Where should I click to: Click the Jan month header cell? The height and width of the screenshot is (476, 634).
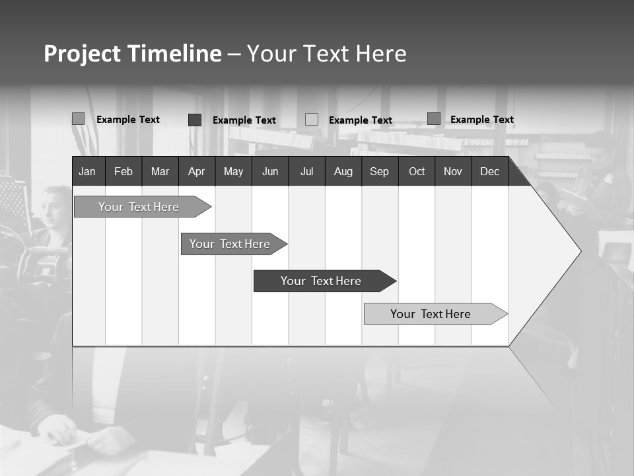click(x=87, y=172)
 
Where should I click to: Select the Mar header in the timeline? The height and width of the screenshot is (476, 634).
click(x=160, y=172)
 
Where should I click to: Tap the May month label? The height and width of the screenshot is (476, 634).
click(x=233, y=172)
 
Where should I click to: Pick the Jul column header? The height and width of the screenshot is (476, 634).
click(x=306, y=172)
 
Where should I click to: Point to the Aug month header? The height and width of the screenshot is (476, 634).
click(x=343, y=172)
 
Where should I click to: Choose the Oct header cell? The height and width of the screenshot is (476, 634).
click(x=417, y=172)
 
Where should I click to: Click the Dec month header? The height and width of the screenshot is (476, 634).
click(x=489, y=172)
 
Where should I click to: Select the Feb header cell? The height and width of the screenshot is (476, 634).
click(x=123, y=172)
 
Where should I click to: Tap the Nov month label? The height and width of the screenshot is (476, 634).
click(x=453, y=172)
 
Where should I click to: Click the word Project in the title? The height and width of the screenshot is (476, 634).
click(x=83, y=54)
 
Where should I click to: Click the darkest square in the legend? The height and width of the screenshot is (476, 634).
click(x=195, y=120)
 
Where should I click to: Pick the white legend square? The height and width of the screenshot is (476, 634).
click(x=312, y=120)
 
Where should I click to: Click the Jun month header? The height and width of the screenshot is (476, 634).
click(x=270, y=172)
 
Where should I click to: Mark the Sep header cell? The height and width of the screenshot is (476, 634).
click(x=379, y=172)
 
